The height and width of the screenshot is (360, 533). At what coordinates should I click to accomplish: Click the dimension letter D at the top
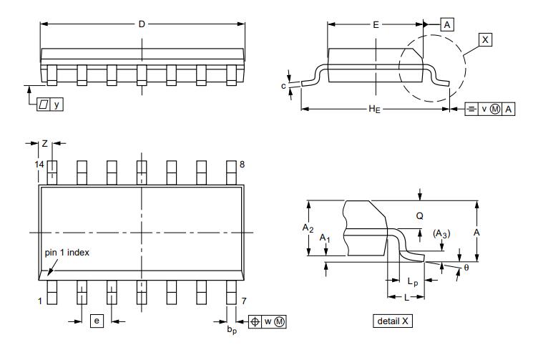click(x=142, y=24)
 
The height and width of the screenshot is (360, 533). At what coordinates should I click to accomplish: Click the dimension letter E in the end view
click(x=376, y=24)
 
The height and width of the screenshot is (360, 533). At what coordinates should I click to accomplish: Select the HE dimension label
click(x=373, y=109)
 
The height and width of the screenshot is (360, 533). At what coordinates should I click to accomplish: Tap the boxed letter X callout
click(x=486, y=40)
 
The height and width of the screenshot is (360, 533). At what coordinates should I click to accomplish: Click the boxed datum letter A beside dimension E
click(x=447, y=24)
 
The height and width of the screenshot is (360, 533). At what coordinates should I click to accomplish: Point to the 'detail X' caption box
click(x=393, y=321)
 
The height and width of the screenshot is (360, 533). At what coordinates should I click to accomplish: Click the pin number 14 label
click(x=39, y=165)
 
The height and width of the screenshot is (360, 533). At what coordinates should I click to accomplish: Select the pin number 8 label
click(x=242, y=165)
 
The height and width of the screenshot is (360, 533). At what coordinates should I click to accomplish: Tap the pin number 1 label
click(x=40, y=301)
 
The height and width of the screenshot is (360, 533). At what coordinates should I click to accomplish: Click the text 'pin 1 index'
click(x=67, y=253)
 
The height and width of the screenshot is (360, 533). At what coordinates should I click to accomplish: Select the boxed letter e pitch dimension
click(x=97, y=321)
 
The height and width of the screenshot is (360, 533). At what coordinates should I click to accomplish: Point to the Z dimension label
click(x=44, y=144)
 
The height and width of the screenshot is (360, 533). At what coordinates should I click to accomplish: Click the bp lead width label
click(x=231, y=329)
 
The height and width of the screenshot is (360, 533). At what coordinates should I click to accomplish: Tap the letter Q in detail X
click(x=420, y=215)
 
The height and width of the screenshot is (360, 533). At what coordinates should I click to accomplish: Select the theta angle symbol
click(x=466, y=267)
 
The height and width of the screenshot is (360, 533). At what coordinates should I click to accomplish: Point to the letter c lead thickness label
click(x=285, y=86)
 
